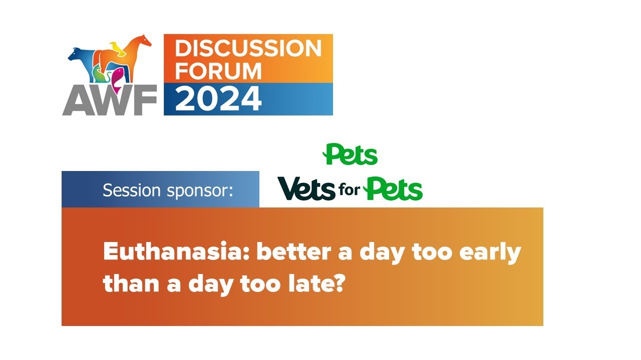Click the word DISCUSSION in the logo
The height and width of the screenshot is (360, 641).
(248, 48)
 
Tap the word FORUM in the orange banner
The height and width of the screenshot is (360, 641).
(218, 71)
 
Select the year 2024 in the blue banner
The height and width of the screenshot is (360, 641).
(218, 99)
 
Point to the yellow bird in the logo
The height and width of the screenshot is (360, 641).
(118, 48)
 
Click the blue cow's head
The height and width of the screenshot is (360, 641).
(76, 54)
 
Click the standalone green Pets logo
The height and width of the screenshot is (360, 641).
(351, 154)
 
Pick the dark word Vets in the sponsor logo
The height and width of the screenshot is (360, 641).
(306, 189)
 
